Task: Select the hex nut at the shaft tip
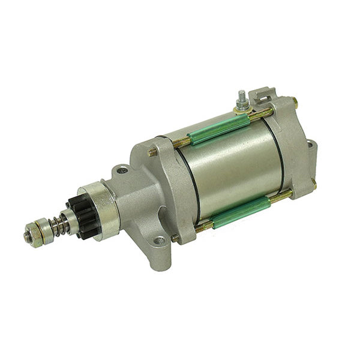[x=29, y=236]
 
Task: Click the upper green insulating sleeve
[x=218, y=129]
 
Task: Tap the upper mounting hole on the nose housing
[x=122, y=170]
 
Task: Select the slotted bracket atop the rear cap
[x=263, y=96]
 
